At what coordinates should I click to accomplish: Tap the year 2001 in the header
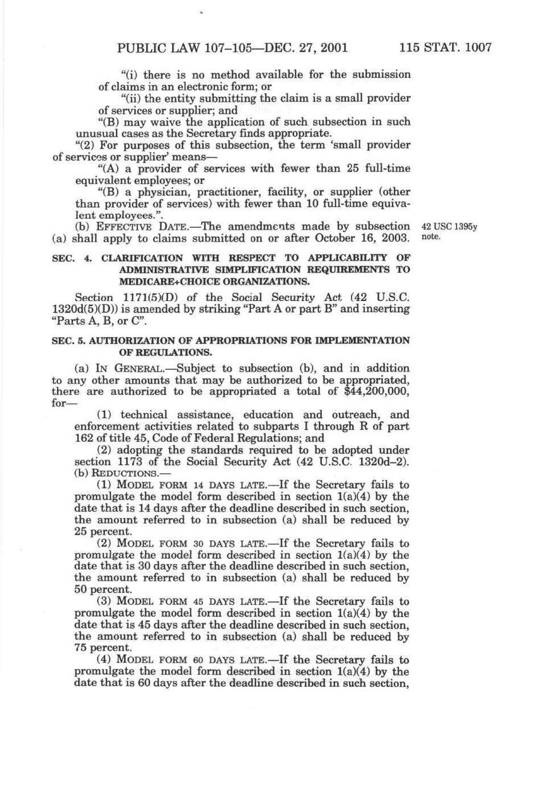[x=331, y=48]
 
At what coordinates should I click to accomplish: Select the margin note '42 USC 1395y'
[x=449, y=227]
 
